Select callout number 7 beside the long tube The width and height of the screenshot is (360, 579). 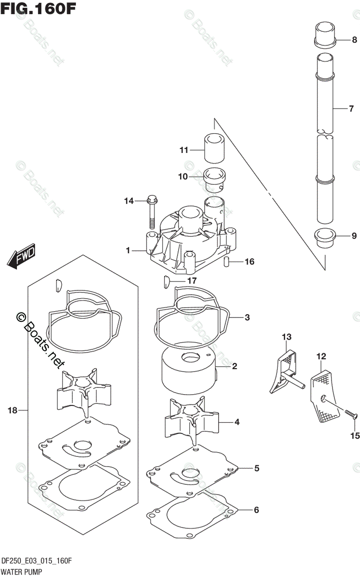click(351, 109)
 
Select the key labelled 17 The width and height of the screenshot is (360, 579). click(165, 280)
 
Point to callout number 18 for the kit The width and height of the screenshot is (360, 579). click(13, 411)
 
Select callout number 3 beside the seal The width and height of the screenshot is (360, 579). click(247, 317)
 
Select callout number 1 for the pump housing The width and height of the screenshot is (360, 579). click(128, 250)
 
